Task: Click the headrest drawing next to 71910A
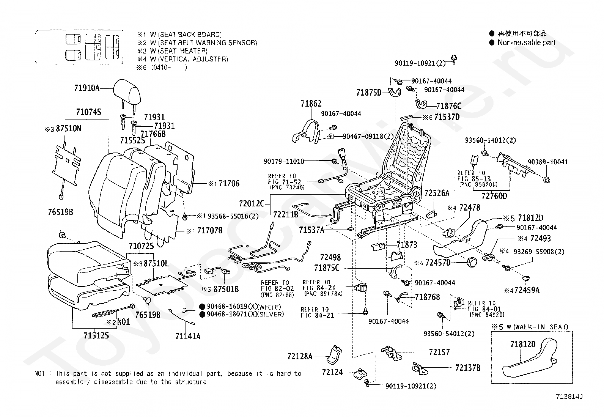coord(126,88)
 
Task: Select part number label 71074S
coord(88,112)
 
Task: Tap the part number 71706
coord(229,184)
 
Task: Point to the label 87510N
coord(68,129)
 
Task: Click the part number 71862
coord(311,104)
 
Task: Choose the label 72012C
coord(252,203)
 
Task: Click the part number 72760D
coord(494,196)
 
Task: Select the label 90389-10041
coord(547,162)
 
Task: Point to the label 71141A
coord(188,336)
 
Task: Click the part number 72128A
coord(300,356)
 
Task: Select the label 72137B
coord(468,367)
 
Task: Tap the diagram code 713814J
coord(569,397)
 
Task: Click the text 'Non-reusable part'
coord(526,43)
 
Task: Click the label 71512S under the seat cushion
coord(96,335)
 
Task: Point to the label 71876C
coord(449,106)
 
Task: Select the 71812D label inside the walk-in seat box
coord(523,344)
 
